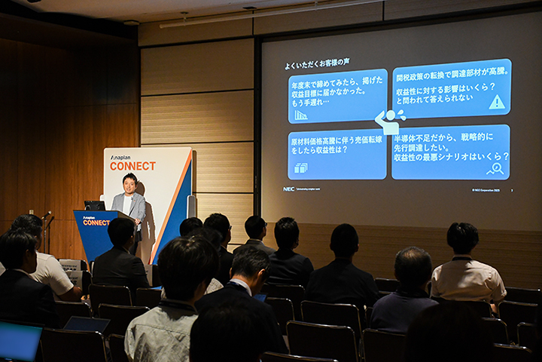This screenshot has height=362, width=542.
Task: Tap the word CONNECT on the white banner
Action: pos(132,166)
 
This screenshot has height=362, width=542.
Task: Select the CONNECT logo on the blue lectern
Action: pos(96,222)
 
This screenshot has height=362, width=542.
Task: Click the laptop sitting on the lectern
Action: pos(95,205)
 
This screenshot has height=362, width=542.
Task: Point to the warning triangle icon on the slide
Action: pos(497,102)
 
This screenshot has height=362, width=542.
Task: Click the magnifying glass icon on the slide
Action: pos(495,168)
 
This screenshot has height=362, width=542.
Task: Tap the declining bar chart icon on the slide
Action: pos(300,115)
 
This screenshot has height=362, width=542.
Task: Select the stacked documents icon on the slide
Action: pos(300,168)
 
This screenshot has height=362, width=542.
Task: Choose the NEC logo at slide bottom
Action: pos(288,189)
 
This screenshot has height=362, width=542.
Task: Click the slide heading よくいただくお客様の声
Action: pos(316,63)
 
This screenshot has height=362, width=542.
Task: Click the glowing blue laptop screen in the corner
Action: pos(19,342)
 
